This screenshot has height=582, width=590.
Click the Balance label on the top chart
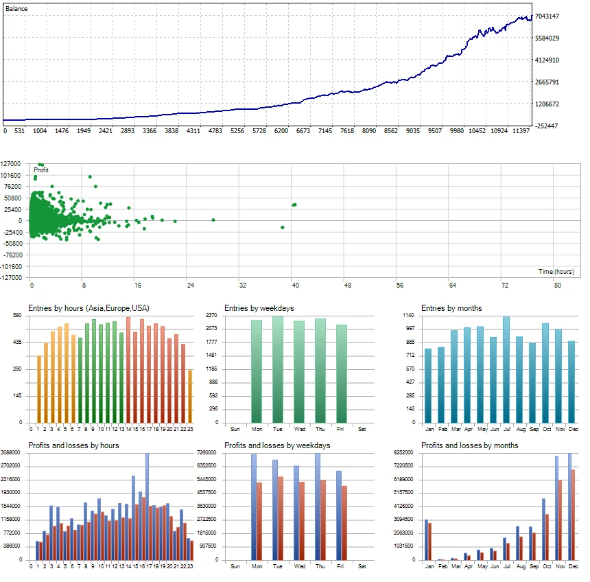pos(16,8)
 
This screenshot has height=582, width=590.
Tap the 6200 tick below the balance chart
pos(281,130)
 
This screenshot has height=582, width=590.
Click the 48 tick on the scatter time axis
pos(347,285)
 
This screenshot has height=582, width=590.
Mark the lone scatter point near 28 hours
pos(213,220)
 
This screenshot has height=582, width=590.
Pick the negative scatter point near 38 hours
pos(282,227)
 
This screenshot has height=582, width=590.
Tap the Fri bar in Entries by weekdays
pos(342,374)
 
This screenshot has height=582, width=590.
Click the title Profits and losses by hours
pos(73,445)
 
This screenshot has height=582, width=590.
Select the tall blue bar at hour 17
pos(147,507)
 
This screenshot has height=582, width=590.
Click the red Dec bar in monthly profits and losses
pos(573,515)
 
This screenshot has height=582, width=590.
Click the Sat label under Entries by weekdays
pos(362,429)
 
